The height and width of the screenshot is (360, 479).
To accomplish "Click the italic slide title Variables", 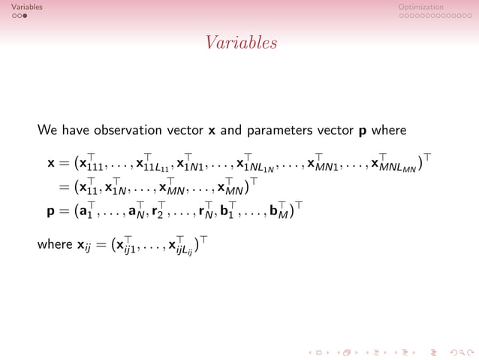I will [x=239, y=44].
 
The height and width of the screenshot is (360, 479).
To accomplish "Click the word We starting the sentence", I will [x=47, y=130].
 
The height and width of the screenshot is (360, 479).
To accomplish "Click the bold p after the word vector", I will [x=363, y=131].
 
